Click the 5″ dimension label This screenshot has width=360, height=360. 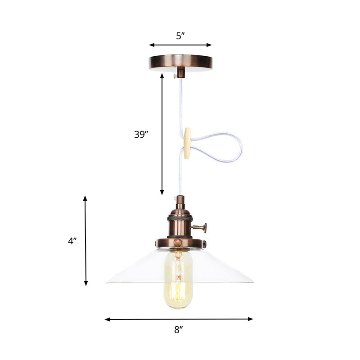180,36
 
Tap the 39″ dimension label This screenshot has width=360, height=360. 141,134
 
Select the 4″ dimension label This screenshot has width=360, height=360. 72,241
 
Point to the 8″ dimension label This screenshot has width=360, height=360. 179,330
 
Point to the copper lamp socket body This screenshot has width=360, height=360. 180,223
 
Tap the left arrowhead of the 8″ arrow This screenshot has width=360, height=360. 107,319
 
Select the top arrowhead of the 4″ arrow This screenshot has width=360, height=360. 85,198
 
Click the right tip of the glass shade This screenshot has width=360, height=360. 252,282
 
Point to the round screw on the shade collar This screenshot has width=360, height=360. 178,243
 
